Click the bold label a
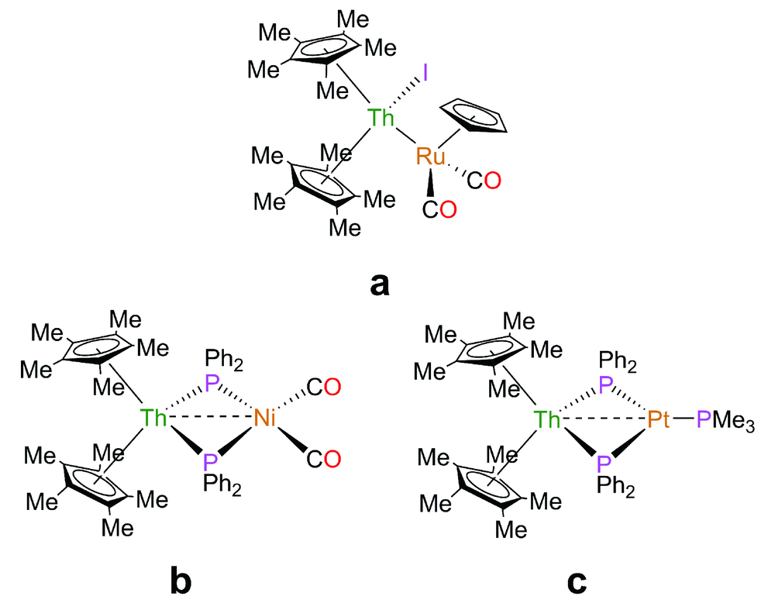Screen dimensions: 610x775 coord(379,284)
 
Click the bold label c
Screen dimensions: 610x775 coord(575,580)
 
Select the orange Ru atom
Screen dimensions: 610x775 coord(429,157)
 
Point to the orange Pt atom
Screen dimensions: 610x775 coord(659,420)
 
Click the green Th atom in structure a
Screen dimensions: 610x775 coord(381,119)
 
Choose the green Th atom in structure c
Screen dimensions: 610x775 coord(549,420)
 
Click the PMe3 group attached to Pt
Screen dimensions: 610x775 coord(725,422)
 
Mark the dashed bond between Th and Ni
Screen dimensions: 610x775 coord(209,420)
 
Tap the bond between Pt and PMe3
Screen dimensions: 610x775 coord(684,420)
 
